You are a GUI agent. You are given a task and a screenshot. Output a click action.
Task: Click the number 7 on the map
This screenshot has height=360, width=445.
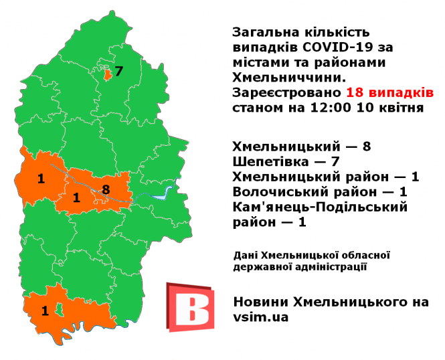coord(119,72)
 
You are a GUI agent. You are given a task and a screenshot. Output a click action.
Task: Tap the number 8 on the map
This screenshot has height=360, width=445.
coord(106,189)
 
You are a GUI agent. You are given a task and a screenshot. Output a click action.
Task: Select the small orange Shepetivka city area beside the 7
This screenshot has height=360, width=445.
coord(107,74)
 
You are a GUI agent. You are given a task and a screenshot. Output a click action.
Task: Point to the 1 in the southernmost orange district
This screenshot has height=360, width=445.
coord(45,310)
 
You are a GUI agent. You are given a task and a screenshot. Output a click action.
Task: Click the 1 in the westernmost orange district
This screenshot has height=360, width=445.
coord(41,179)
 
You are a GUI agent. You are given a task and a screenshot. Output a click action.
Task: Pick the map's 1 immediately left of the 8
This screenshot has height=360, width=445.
coord(76,197)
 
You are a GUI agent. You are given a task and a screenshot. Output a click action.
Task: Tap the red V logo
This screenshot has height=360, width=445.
coord(190,307)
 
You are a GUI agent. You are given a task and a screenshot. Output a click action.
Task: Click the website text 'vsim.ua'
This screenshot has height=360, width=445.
coord(261,318)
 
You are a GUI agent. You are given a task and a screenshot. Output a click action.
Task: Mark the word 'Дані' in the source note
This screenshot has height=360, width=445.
coord(246,255)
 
